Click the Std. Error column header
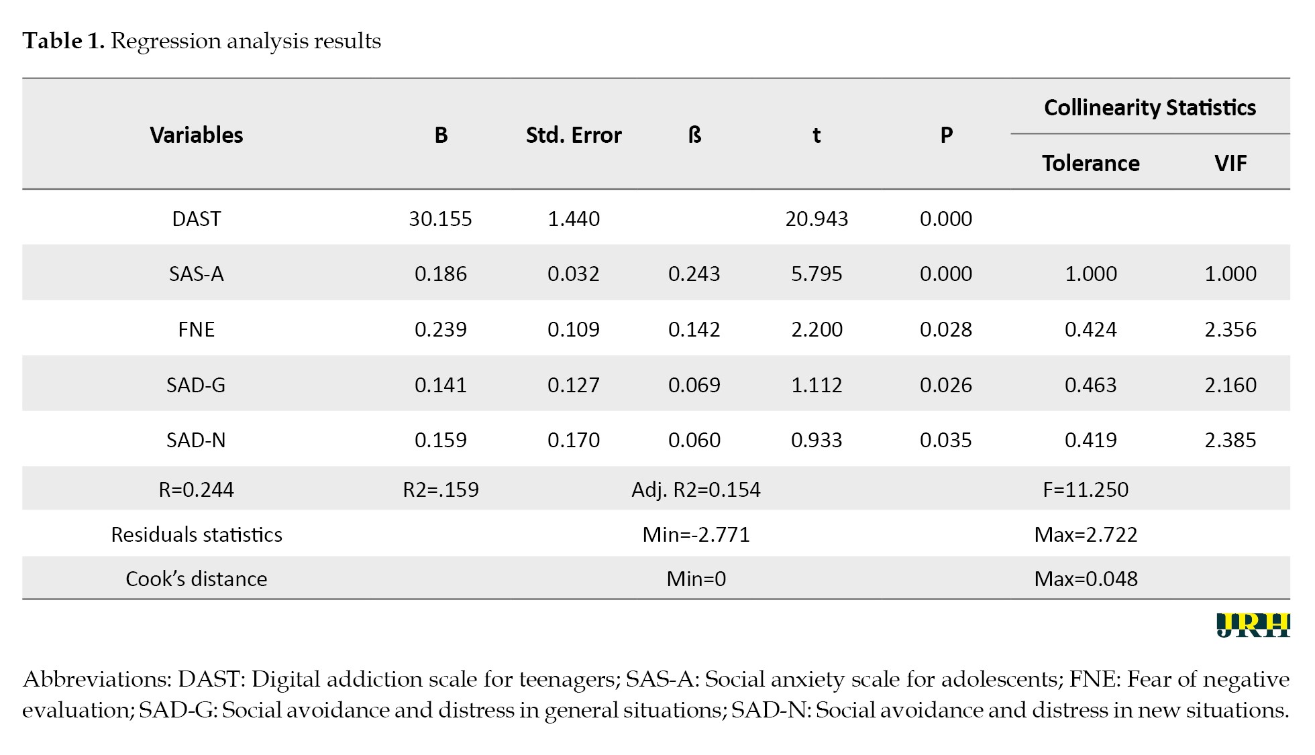point(574,135)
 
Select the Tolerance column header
point(1091,163)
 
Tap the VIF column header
point(1230,163)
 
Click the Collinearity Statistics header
point(1150,107)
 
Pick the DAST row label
point(196,219)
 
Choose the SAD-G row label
point(196,385)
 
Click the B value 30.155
point(440,219)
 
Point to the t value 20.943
point(817,219)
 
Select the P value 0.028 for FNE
point(946,329)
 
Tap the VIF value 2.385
point(1230,440)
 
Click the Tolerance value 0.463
point(1091,385)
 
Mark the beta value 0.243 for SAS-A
point(694,274)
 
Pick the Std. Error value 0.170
point(574,440)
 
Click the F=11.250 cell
point(1086,489)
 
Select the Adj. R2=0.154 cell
point(696,489)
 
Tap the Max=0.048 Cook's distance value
point(1086,579)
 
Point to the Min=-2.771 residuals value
point(696,534)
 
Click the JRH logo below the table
point(1253,624)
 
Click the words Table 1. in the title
point(64,41)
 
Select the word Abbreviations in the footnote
point(97,679)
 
